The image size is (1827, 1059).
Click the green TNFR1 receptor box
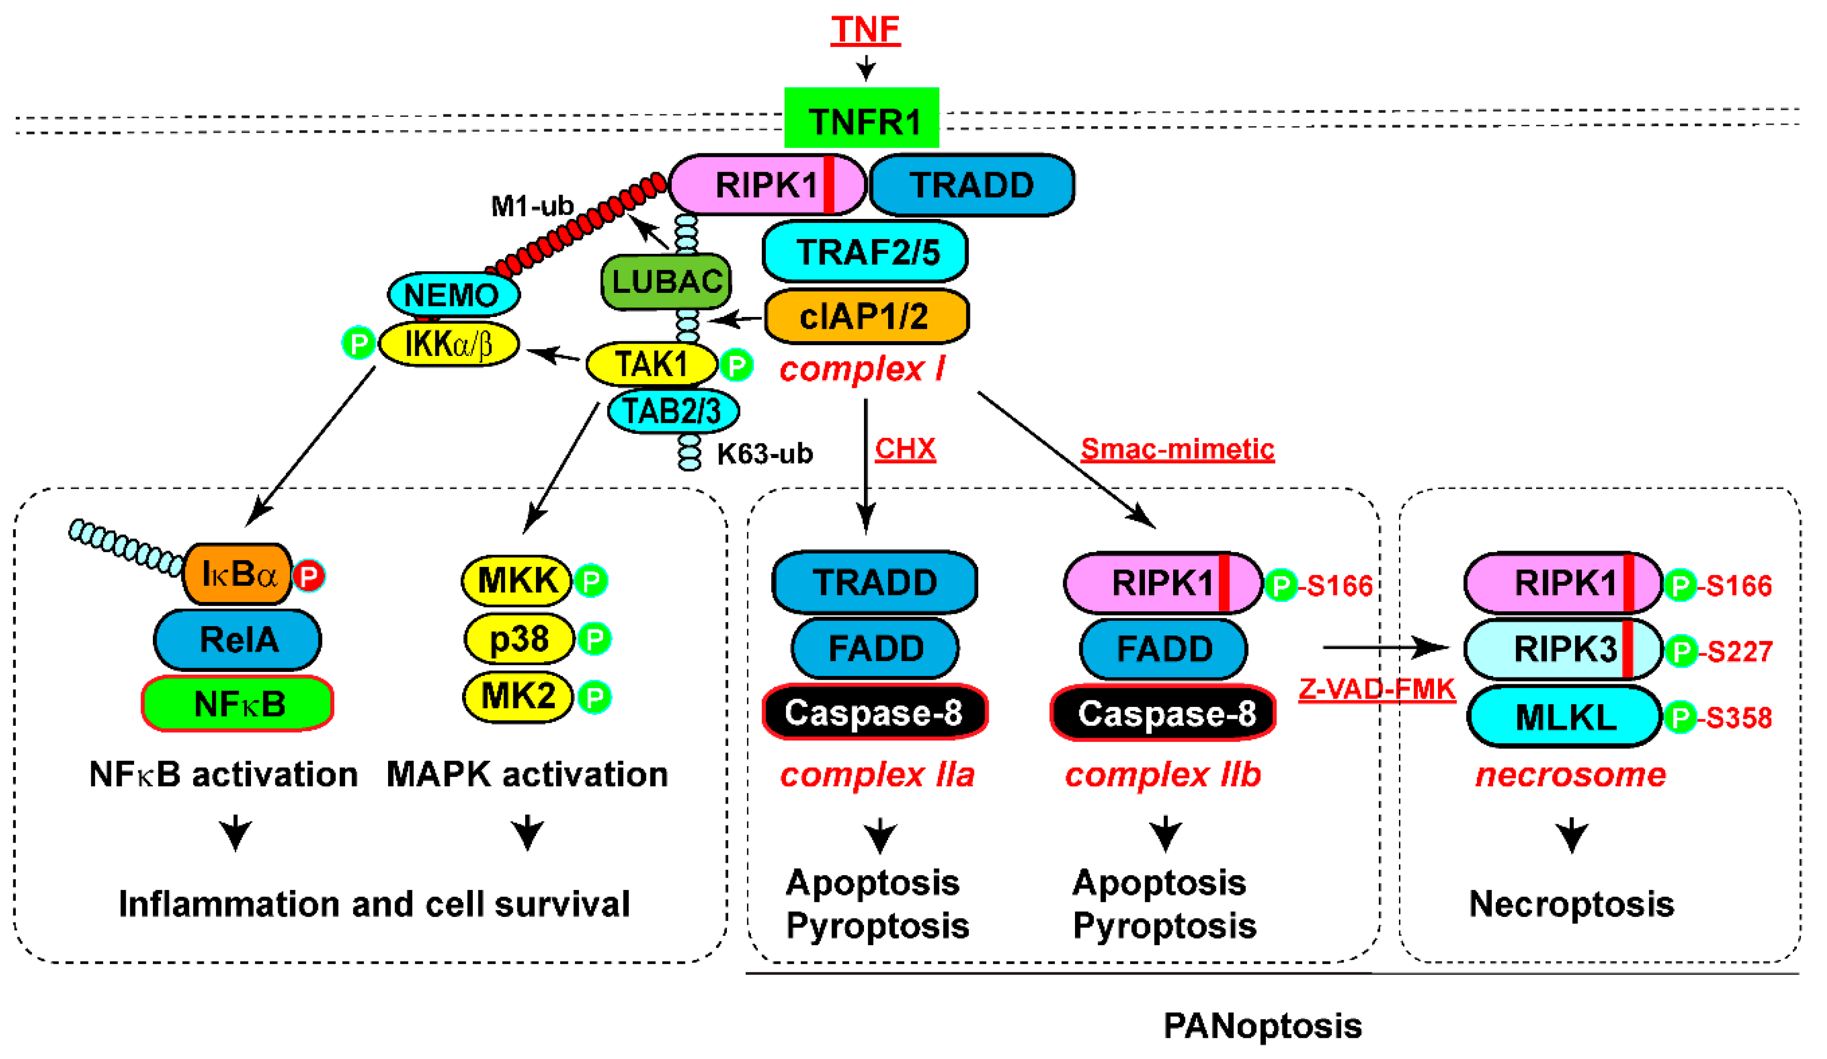click(861, 120)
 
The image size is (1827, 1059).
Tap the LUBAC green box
click(666, 281)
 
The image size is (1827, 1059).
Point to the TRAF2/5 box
click(865, 251)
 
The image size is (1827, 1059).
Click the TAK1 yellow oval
click(650, 363)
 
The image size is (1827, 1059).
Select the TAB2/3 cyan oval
click(672, 411)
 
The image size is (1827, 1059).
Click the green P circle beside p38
click(595, 638)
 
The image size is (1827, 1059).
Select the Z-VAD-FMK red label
click(1376, 689)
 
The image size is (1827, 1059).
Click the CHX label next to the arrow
click(905, 449)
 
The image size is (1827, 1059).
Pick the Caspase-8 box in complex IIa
click(874, 712)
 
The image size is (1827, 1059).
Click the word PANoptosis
click(1262, 1025)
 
